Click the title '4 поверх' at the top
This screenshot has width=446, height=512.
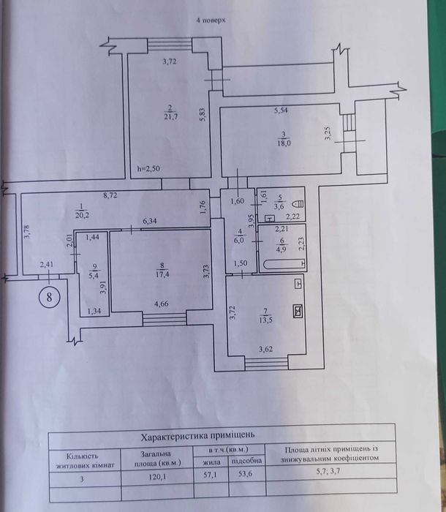[211, 21]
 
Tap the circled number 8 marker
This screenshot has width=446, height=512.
[50, 298]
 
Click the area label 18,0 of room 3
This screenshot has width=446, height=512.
[284, 143]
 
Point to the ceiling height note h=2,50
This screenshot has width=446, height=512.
[148, 169]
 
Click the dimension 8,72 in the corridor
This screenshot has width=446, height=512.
[111, 195]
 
